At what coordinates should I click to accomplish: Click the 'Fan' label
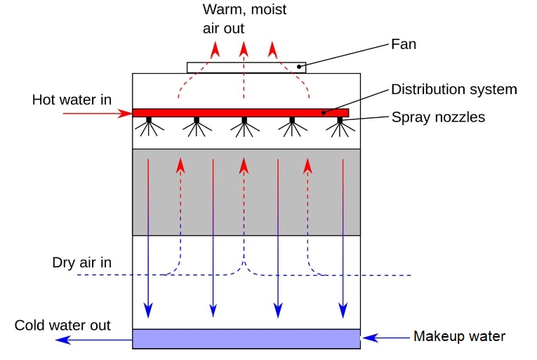403,45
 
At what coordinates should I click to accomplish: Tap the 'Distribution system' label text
453,90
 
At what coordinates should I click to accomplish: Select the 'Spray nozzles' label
438,117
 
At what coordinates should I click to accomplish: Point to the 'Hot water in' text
72,100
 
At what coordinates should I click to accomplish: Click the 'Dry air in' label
81,263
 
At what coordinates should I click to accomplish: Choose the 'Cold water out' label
62,326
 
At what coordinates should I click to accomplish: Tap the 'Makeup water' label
459,336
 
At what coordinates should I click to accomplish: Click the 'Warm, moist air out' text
244,20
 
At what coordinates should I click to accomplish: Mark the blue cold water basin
246,339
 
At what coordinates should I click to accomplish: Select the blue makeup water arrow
386,338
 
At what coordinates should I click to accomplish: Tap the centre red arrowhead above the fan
244,48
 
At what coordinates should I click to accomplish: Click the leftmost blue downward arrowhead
148,309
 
